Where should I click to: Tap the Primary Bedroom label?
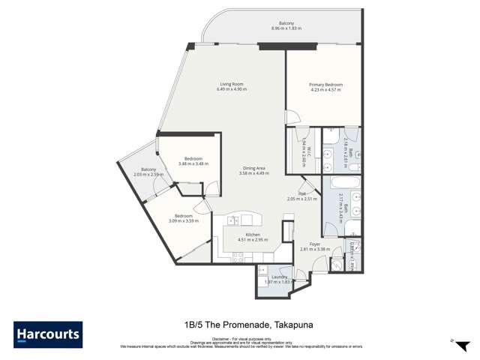(325, 85)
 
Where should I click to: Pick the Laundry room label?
(279, 276)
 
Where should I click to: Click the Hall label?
(302, 193)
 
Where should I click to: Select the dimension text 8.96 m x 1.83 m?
(286, 28)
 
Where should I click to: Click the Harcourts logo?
(48, 334)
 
